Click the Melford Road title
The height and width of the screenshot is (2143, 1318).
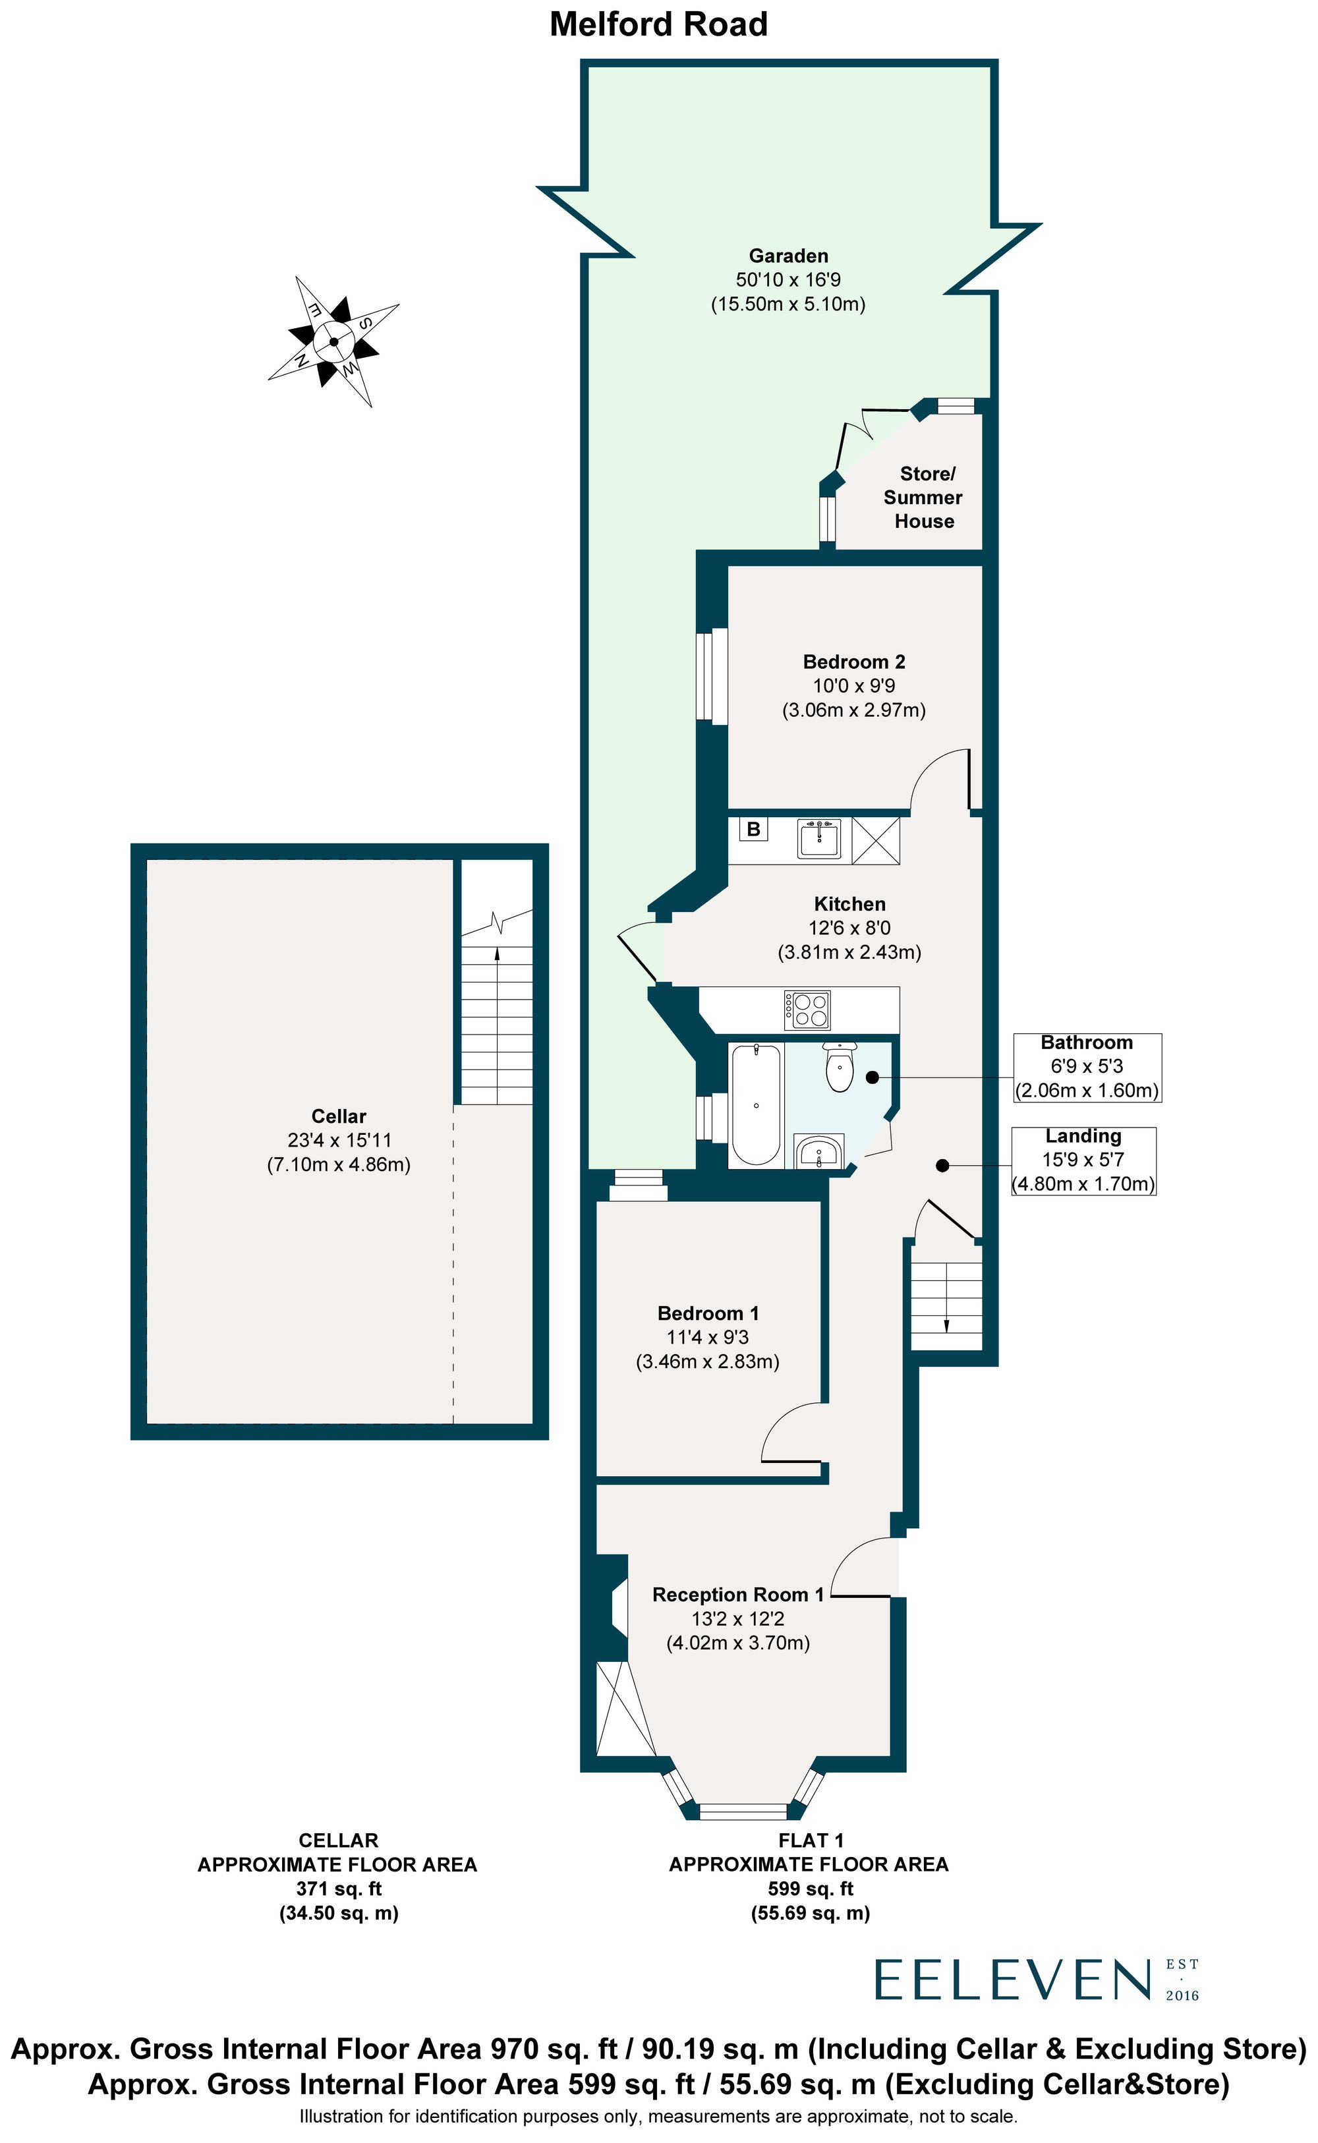point(658,24)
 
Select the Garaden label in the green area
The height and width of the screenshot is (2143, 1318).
point(788,255)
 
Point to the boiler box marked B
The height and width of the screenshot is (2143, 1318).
point(754,829)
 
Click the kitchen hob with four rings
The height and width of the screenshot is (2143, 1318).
point(807,1010)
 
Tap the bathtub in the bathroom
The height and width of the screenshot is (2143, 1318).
point(756,1105)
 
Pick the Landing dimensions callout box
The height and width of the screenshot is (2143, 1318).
point(1083,1160)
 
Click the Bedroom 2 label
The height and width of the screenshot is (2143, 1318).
point(853,662)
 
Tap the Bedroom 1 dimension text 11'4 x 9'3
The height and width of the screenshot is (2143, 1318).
point(707,1337)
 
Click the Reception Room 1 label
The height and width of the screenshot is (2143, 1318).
point(737,1595)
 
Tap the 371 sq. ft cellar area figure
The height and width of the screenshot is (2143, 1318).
point(338,1889)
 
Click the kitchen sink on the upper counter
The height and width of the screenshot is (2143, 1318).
point(818,840)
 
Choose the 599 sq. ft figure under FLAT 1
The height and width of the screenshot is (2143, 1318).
point(810,1889)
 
